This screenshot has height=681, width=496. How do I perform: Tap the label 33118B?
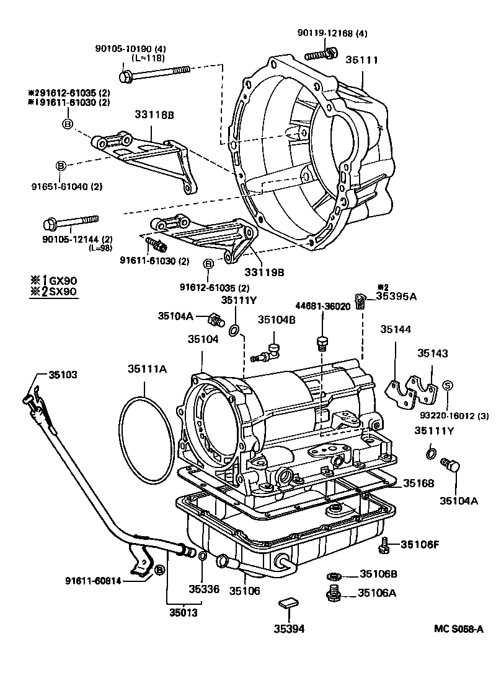click(154, 115)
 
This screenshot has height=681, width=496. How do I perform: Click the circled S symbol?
click(448, 385)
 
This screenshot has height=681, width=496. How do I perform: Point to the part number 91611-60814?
click(94, 581)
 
